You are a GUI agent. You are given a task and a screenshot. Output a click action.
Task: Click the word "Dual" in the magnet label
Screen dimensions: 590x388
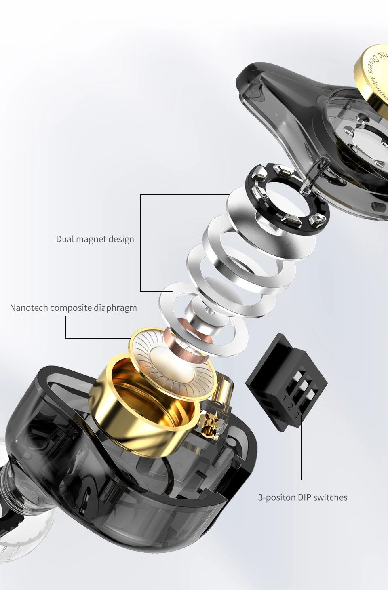pos(65,239)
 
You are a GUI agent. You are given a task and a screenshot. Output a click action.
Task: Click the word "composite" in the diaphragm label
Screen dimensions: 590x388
pos(71,308)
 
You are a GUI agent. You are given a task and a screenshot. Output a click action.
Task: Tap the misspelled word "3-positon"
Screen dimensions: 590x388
pos(277,497)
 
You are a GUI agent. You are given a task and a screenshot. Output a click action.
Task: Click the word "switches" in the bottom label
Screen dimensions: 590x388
pos(330,497)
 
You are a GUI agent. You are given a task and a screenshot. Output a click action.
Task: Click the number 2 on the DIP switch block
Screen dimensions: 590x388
pos(291,407)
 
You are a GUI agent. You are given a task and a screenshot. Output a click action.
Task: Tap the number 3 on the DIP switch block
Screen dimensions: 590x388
pos(296,415)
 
